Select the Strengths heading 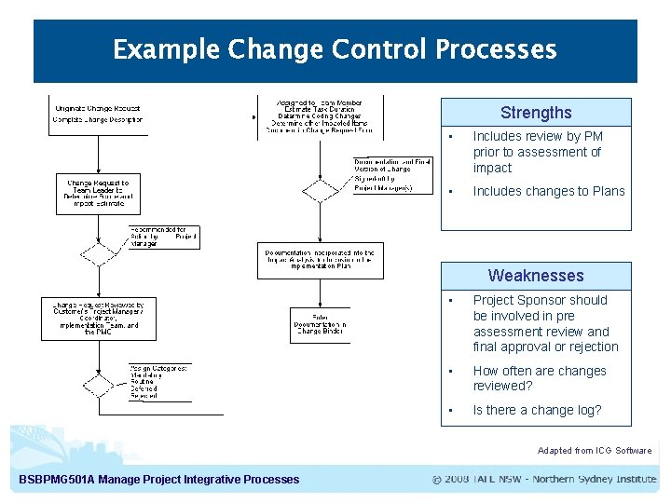click(x=536, y=113)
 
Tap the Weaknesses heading click(x=536, y=276)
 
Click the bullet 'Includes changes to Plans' click(x=549, y=191)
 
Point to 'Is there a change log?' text click(x=537, y=410)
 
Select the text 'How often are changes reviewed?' click(x=540, y=378)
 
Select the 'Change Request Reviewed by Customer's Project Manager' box click(x=99, y=318)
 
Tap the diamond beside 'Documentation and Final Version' click(x=322, y=191)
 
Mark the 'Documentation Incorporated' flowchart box click(x=320, y=260)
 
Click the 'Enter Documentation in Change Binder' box click(x=320, y=323)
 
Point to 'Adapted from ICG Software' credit click(x=595, y=451)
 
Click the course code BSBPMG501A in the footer click(x=58, y=480)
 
